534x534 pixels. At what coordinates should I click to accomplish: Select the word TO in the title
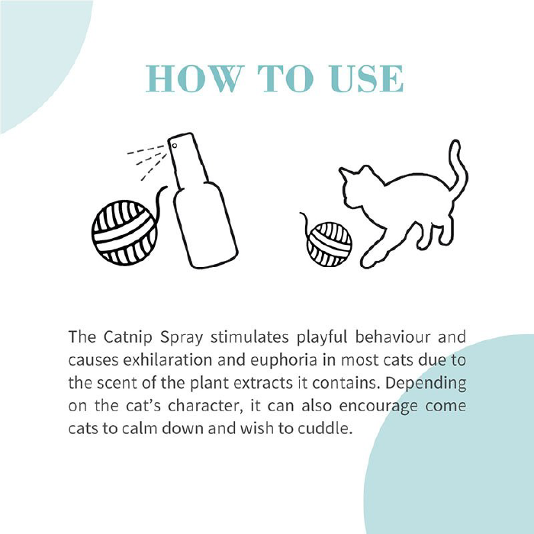pos(286,79)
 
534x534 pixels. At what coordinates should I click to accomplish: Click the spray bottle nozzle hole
pos(175,146)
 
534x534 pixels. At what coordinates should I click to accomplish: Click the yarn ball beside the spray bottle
pos(124,233)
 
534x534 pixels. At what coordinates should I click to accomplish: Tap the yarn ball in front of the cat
pos(329,245)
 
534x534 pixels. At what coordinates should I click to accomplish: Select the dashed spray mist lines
pos(147,161)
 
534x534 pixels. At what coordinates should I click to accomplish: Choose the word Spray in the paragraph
pos(182,338)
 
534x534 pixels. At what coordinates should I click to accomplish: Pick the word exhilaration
pos(168,360)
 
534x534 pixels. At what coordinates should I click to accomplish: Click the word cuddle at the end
pos(325,429)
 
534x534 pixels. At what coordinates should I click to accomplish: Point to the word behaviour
pos(393,337)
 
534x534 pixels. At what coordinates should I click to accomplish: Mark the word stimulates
pos(249,337)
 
